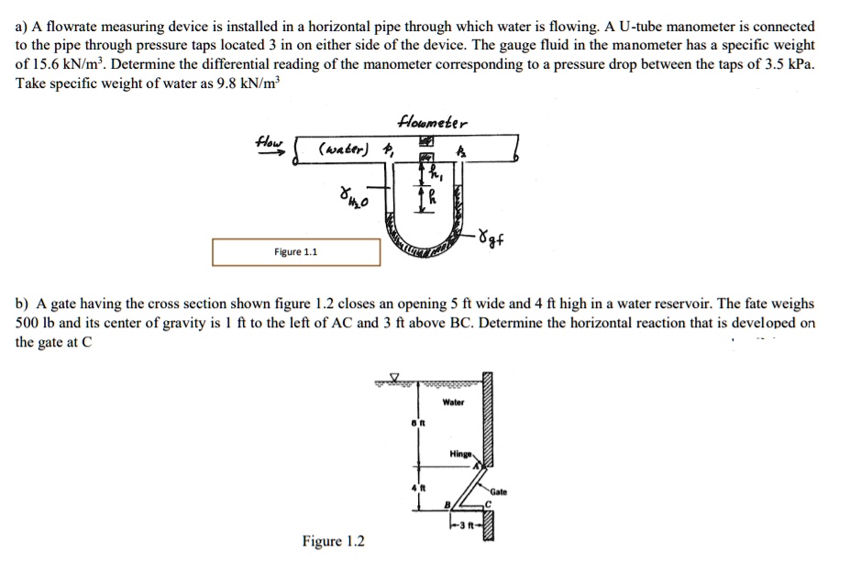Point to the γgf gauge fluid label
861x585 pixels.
point(491,240)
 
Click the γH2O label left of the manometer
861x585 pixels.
point(350,196)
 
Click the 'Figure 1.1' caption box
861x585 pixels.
point(296,252)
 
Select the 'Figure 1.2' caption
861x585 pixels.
point(334,541)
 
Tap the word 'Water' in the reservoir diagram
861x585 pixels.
point(453,402)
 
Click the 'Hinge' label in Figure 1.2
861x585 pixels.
point(460,454)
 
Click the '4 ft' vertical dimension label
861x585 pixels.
point(414,487)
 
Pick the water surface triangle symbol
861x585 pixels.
point(395,376)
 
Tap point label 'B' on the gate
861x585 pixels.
point(447,502)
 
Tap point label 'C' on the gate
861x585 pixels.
point(490,503)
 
